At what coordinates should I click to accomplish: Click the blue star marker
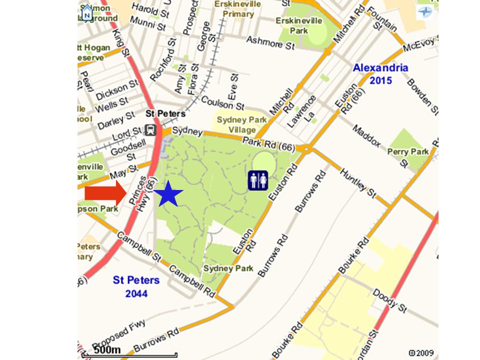[168, 194]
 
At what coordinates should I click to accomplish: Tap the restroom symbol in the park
[258, 180]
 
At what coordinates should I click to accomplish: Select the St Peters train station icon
[150, 130]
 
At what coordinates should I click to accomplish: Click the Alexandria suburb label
[380, 68]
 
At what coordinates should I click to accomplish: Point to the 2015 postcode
[381, 80]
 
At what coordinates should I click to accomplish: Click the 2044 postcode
[136, 293]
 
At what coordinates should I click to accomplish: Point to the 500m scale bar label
[107, 349]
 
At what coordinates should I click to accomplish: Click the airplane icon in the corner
[425, 11]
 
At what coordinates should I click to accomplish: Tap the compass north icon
[87, 12]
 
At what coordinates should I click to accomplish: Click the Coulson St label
[222, 102]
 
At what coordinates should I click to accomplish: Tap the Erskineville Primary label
[238, 9]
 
